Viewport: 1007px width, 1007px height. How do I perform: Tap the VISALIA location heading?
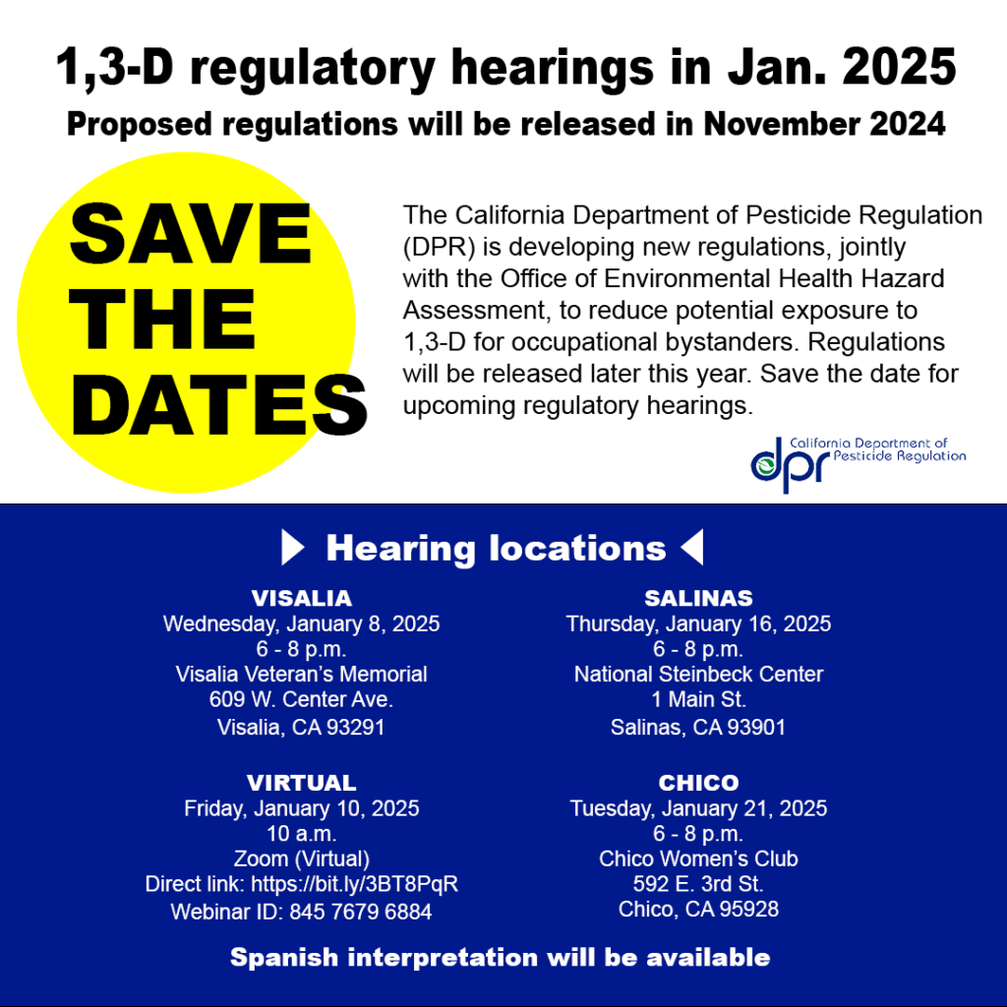point(301,598)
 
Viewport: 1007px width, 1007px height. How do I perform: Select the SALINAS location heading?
point(698,598)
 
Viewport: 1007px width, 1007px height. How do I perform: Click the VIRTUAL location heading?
point(301,783)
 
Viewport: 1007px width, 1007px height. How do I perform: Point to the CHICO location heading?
point(698,783)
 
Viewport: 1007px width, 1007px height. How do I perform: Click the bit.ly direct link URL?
point(354,883)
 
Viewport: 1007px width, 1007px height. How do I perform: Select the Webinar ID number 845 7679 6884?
point(360,912)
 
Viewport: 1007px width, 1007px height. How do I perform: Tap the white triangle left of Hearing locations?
point(293,548)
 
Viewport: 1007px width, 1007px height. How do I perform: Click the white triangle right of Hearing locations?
point(692,548)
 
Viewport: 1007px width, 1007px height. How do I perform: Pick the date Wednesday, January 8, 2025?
point(301,623)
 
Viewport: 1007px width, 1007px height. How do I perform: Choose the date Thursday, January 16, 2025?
point(698,623)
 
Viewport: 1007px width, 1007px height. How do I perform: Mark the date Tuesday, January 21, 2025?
point(698,808)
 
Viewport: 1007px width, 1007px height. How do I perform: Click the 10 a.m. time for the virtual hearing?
point(301,834)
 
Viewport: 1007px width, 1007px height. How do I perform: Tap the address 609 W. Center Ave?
point(301,700)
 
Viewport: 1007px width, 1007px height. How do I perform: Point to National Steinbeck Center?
point(698,675)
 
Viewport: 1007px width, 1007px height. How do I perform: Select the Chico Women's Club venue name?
point(698,859)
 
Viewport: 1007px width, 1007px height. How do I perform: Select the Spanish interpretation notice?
point(500,957)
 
